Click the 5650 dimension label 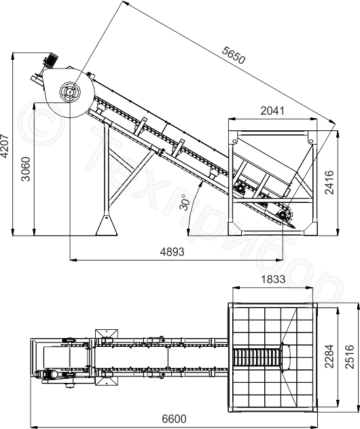click(233, 55)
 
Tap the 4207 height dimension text click(5, 146)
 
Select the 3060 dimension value click(26, 169)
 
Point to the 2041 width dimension click(272, 111)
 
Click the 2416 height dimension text click(329, 183)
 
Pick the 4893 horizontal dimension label click(173, 252)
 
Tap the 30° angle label click(185, 202)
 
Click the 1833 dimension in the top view click(273, 280)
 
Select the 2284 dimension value click(329, 356)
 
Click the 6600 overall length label click(174, 419)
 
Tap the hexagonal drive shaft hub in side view click(70, 92)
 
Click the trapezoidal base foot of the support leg click(107, 225)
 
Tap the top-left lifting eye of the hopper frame click(234, 141)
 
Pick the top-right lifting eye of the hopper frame click(310, 141)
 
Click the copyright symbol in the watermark click(41, 122)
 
